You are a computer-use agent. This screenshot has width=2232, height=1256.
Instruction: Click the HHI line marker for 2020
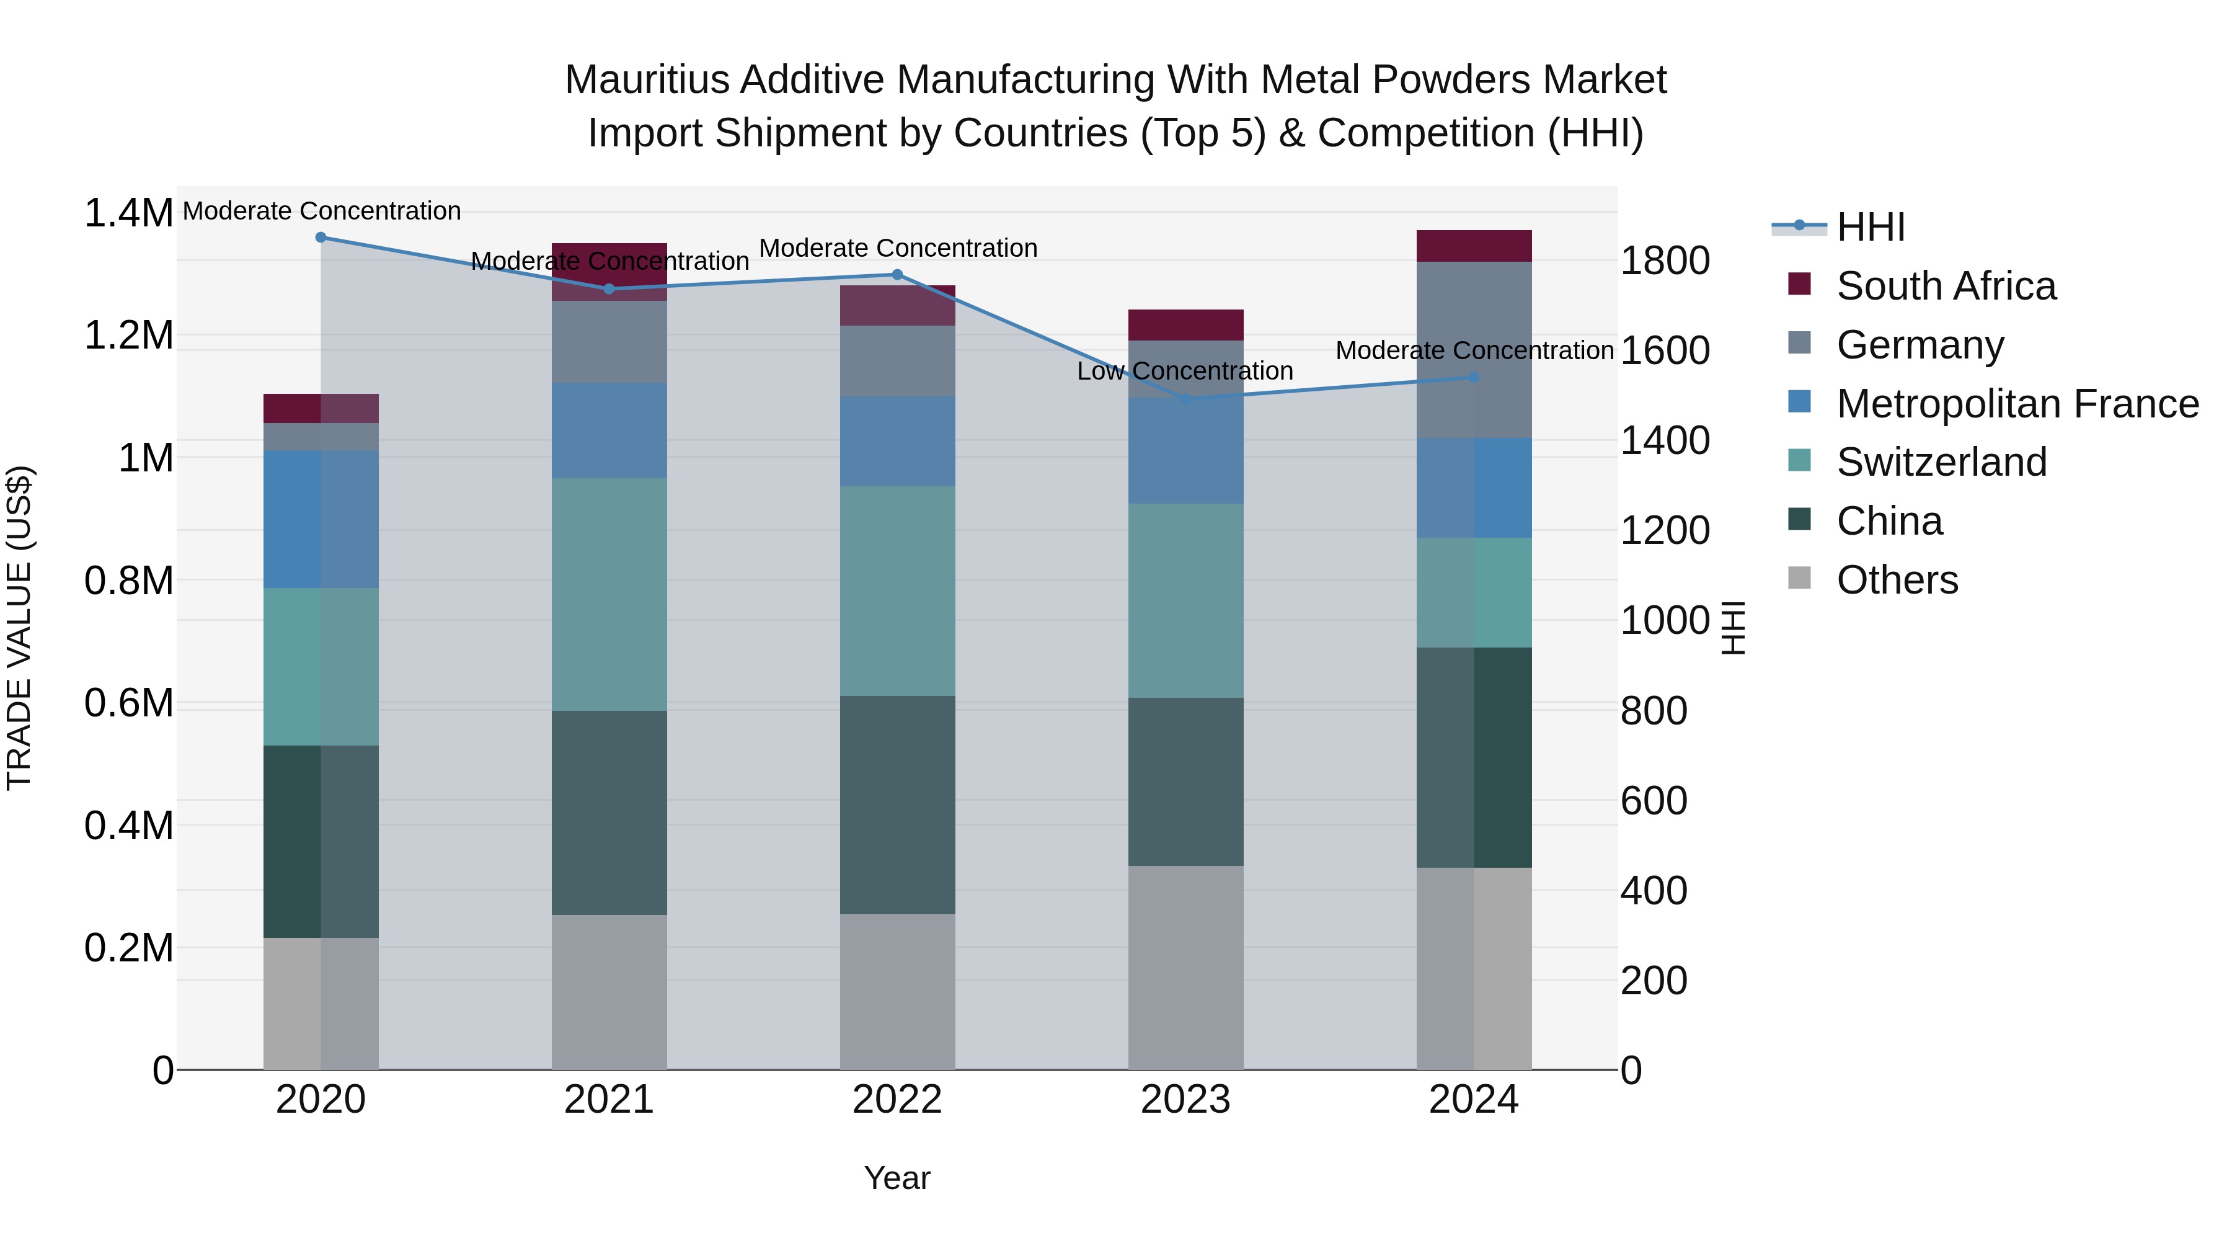click(x=321, y=238)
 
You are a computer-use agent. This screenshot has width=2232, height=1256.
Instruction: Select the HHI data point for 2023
click(x=1185, y=399)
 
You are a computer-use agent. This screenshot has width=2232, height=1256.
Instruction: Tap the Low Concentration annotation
click(x=1184, y=371)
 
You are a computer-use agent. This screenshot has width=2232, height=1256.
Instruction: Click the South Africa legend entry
click(x=1945, y=286)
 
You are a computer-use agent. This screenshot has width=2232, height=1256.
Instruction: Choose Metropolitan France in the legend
click(x=2017, y=404)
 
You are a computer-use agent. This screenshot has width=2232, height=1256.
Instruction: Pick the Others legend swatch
click(x=1800, y=578)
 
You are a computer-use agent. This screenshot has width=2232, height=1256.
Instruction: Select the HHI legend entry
click(x=1870, y=227)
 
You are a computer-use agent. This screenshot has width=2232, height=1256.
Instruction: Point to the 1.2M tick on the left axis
click(x=128, y=336)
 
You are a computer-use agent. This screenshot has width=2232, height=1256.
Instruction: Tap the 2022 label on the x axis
click(x=897, y=1100)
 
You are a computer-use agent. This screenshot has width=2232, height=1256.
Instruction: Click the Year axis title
click(x=897, y=1178)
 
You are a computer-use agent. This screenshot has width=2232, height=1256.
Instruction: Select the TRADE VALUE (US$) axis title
click(x=19, y=628)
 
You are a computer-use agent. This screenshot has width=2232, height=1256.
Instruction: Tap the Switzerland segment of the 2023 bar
click(x=1185, y=600)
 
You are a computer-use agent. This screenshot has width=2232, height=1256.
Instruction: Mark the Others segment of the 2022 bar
click(x=897, y=992)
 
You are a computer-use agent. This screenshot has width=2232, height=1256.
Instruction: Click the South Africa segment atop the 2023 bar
click(x=1185, y=324)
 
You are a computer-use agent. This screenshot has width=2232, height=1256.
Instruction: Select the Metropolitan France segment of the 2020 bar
click(x=321, y=519)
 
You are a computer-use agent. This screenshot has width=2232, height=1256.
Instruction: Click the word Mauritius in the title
click(x=647, y=80)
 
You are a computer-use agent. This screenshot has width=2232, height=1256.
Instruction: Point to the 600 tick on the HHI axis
click(x=1653, y=801)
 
